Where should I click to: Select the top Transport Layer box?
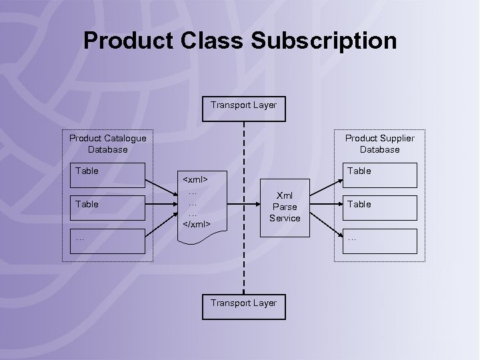click(243, 109)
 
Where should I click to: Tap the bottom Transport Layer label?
click(243, 303)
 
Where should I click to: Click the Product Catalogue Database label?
click(107, 143)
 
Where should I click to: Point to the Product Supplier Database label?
click(379, 143)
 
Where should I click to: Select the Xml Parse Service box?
click(285, 207)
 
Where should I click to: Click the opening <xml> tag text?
click(195, 179)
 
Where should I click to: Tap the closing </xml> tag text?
click(196, 224)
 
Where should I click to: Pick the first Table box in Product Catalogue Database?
click(109, 175)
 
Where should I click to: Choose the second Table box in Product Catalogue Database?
click(109, 208)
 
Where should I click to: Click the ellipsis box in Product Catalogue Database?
click(109, 241)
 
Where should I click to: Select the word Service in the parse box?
click(285, 218)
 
